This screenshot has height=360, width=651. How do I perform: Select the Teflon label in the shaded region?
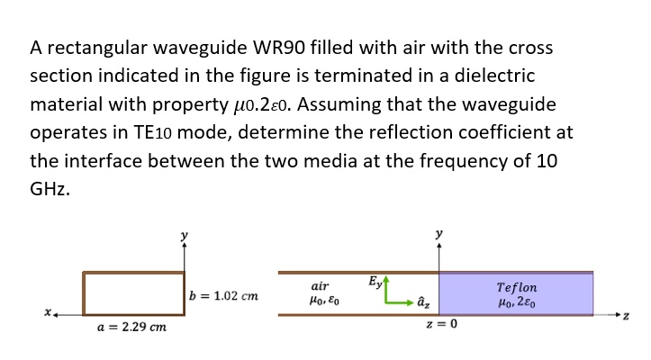pyautogui.click(x=517, y=287)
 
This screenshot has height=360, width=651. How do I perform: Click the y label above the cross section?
pyautogui.click(x=185, y=235)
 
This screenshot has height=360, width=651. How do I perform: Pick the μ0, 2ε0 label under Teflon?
pyautogui.click(x=517, y=302)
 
